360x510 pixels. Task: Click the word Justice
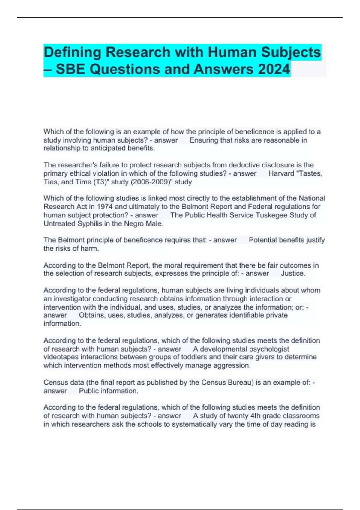click(x=293, y=273)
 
